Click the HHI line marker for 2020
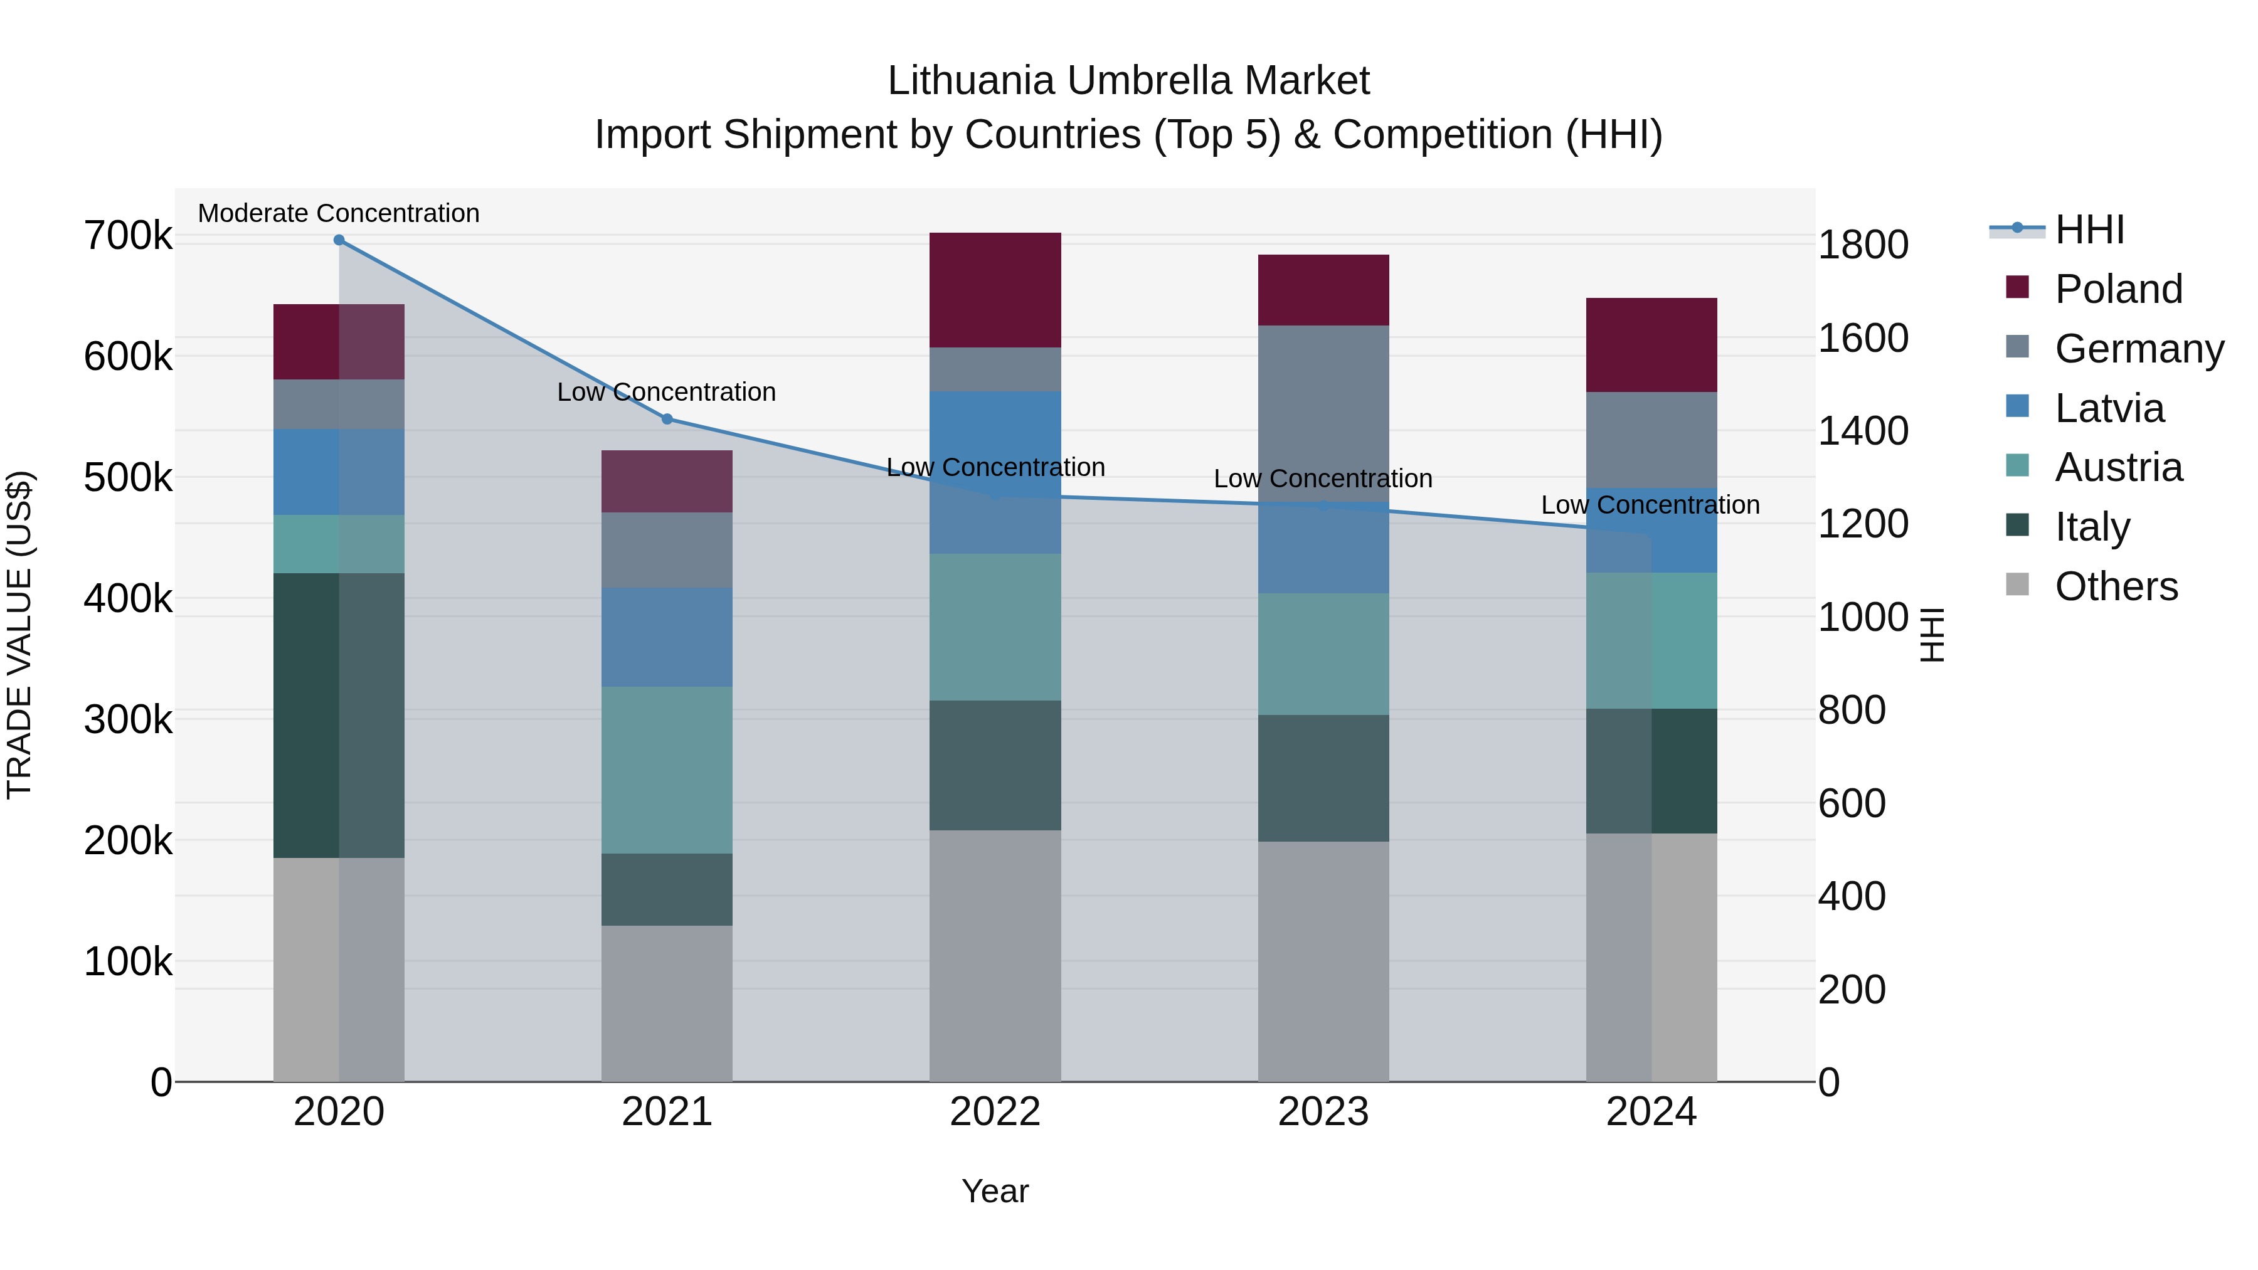pyautogui.click(x=339, y=240)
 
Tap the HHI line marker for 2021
pyautogui.click(x=667, y=419)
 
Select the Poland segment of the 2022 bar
pyautogui.click(x=995, y=290)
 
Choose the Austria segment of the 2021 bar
pyautogui.click(x=667, y=770)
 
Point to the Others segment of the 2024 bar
pyautogui.click(x=1651, y=957)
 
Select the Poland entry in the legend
pyautogui.click(x=2118, y=289)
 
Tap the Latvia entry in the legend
pyautogui.click(x=2108, y=408)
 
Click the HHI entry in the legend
pyautogui.click(x=2089, y=230)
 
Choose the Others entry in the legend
pyautogui.click(x=2115, y=586)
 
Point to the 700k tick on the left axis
pyautogui.click(x=128, y=236)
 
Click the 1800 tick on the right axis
pyautogui.click(x=1863, y=245)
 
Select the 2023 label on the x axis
pyautogui.click(x=1323, y=1112)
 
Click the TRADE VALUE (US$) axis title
pyautogui.click(x=19, y=635)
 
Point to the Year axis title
pyautogui.click(x=995, y=1191)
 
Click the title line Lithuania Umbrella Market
pyautogui.click(x=1128, y=81)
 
